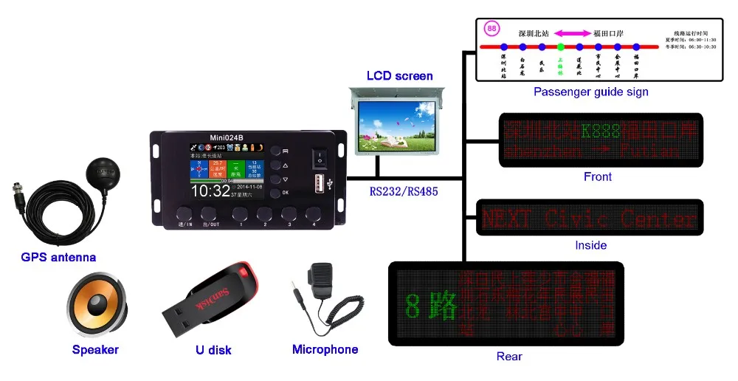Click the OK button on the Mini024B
tap(275, 193)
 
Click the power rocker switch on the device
tap(319, 157)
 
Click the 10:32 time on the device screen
tap(211, 190)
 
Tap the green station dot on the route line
tap(560, 47)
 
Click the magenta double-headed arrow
tap(572, 32)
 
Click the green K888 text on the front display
tap(600, 132)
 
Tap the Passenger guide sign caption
tap(590, 92)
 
